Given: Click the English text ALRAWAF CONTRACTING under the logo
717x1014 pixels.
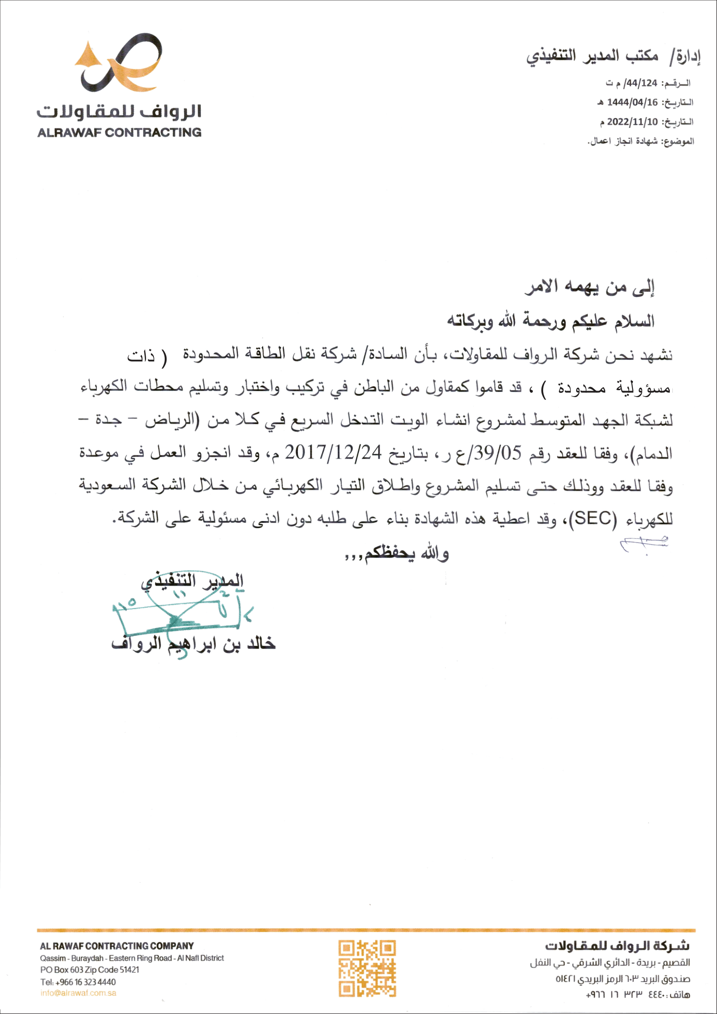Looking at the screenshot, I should [x=119, y=133].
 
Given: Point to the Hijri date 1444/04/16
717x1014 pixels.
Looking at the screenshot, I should [x=632, y=102].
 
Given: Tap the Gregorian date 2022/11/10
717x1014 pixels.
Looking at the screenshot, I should [x=632, y=121].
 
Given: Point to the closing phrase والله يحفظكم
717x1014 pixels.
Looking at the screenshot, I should [x=398, y=553].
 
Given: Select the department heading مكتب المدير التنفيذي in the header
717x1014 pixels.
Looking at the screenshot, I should [x=593, y=56].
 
